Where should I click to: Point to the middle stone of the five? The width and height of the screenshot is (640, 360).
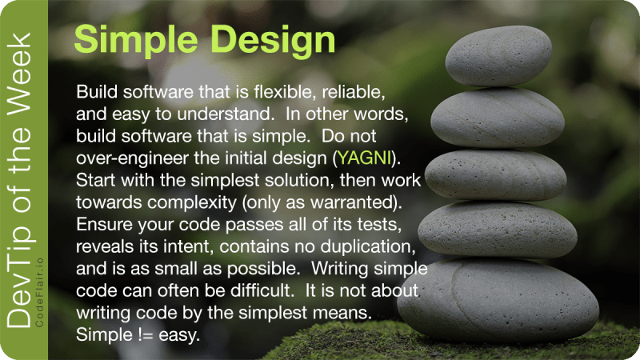coord(496,174)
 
